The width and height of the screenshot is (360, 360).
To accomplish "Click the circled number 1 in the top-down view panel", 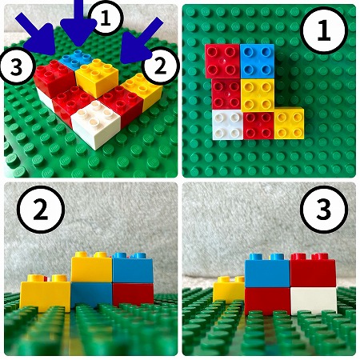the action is [324, 30].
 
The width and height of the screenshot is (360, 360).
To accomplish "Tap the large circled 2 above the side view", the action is [41, 210].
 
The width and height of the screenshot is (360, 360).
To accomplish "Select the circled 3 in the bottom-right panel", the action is [324, 210].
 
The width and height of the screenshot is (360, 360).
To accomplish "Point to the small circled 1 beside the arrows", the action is [106, 18].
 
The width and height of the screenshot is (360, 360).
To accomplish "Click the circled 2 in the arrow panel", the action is [160, 66].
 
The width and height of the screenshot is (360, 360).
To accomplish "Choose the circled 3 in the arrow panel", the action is [18, 66].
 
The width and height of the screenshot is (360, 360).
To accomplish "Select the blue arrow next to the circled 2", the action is [140, 42].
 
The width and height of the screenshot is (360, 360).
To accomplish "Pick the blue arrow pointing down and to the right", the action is [38, 35].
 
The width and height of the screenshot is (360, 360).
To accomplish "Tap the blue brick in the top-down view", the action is [257, 62].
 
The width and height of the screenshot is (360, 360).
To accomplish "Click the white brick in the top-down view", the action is [228, 125].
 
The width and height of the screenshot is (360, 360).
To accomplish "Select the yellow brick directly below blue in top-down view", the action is [258, 95].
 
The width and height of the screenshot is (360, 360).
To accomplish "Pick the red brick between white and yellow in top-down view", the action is [258, 126].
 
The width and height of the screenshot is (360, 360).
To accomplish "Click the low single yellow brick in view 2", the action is [46, 294].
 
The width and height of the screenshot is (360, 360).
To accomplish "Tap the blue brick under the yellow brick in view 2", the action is [91, 294].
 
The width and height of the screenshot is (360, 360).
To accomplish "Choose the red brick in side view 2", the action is [133, 294].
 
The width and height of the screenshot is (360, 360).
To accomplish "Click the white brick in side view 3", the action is [314, 301].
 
